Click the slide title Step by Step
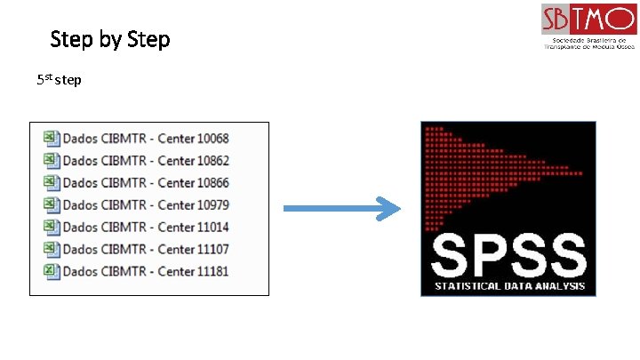(110, 40)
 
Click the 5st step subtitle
(59, 80)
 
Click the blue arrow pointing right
(341, 210)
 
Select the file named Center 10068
(146, 138)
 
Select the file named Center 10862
(146, 160)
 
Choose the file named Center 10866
(146, 182)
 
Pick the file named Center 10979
(146, 204)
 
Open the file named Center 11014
(146, 227)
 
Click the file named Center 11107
(146, 249)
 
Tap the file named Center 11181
(146, 270)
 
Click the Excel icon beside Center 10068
(50, 138)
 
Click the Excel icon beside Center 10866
(50, 182)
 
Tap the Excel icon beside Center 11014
(50, 227)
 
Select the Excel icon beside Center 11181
(50, 270)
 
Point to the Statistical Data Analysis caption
(508, 286)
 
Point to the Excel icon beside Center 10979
(50, 204)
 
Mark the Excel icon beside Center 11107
(50, 249)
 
